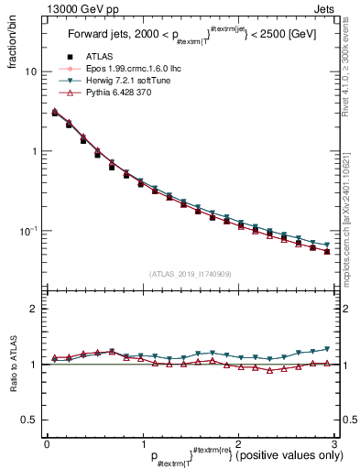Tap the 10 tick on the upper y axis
pos(30,71)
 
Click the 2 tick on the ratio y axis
pos(33,309)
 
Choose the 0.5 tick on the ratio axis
pos(28,420)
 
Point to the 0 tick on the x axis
pos(47,444)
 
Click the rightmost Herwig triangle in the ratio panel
pos(327,349)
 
